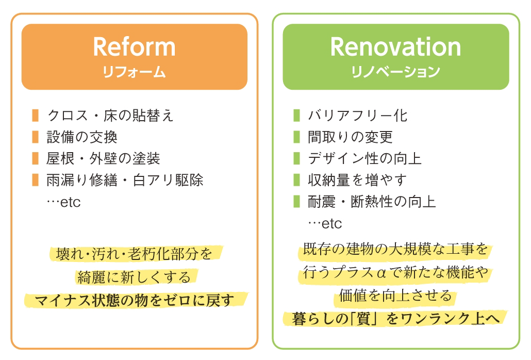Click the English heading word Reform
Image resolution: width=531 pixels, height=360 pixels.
coord(134,47)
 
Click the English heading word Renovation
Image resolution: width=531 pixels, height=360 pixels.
coord(395,47)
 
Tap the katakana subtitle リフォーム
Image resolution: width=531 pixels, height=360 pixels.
coord(134,72)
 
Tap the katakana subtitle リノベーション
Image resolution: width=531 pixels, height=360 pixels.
coord(395,72)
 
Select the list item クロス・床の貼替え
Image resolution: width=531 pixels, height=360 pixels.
coord(110,116)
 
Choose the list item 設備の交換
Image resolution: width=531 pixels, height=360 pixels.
coord(82,137)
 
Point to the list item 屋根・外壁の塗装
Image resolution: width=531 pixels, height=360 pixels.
coord(103,158)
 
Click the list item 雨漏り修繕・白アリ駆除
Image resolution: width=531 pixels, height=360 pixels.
coord(125,180)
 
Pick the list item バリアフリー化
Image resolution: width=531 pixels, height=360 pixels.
coord(358,116)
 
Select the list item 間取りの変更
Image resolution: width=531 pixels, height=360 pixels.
coord(350,137)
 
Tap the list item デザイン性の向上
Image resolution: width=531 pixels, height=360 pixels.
coord(364,158)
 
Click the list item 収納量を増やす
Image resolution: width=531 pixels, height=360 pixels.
coord(357,180)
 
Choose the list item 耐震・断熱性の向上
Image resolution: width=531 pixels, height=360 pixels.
coord(372,202)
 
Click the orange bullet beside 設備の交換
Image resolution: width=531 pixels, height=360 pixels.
coord(35,137)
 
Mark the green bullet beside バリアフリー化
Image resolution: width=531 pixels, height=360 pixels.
coord(296,116)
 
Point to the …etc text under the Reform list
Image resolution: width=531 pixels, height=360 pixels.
coord(63,202)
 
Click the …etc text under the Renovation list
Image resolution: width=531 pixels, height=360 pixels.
coord(325,224)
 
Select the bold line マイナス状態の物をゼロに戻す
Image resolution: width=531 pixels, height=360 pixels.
coord(135,300)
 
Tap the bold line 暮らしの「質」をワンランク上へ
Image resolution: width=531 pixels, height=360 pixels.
coord(395,319)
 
